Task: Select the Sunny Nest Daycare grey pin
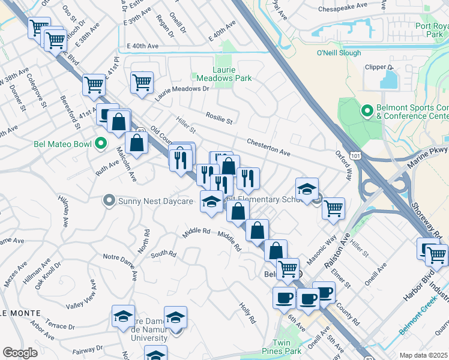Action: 109,200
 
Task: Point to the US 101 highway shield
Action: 356,156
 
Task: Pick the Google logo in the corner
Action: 20,352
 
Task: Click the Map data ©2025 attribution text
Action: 424,355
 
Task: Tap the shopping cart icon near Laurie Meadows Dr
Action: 142,82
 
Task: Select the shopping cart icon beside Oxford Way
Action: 333,208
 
